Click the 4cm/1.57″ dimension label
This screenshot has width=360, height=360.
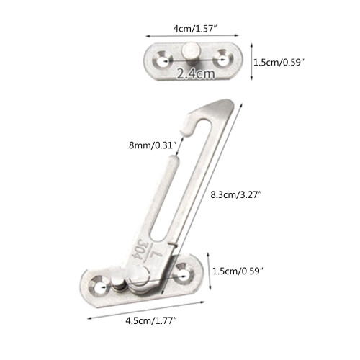coord(195,29)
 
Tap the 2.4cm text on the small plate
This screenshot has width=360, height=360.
coord(196,73)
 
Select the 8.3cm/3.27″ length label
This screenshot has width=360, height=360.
coord(236,194)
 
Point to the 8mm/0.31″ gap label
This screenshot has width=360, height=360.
coord(153,145)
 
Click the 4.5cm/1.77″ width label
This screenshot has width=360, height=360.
coord(151,320)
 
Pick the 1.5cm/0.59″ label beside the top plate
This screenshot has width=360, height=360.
coord(279,63)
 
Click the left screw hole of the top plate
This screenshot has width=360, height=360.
coord(163,59)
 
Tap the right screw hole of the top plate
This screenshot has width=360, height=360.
coord(222,58)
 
